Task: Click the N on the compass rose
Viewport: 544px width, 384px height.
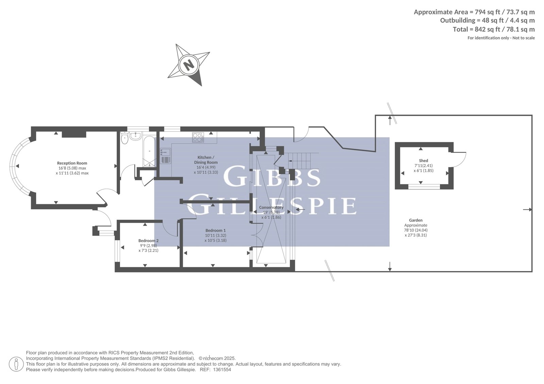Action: click(x=189, y=65)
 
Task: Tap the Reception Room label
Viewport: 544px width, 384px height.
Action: click(x=72, y=163)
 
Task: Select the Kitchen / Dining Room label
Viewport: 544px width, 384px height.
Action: click(x=206, y=160)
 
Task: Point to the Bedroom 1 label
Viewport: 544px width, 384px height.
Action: click(x=216, y=231)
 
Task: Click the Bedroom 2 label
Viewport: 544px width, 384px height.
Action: click(x=148, y=241)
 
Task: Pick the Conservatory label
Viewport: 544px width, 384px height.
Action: click(x=271, y=207)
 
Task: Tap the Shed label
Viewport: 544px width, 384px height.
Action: click(x=424, y=161)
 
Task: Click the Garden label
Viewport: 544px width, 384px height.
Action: click(x=416, y=220)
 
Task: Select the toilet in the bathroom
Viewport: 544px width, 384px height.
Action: click(x=124, y=138)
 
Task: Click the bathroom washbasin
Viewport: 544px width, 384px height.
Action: click(x=135, y=136)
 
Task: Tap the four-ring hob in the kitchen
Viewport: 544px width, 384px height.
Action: click(x=198, y=137)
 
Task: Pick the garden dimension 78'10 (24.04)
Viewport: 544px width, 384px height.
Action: click(x=416, y=230)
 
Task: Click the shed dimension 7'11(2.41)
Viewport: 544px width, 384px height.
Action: click(x=424, y=166)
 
